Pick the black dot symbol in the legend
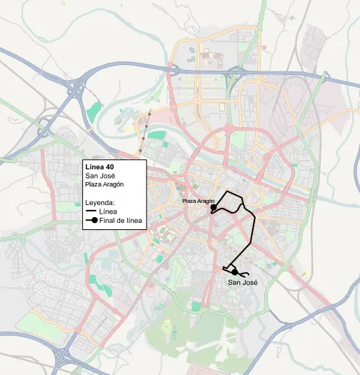92,221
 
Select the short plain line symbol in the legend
91,211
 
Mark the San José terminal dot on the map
234,271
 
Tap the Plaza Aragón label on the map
198,201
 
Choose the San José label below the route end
241,282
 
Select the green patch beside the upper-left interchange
94,111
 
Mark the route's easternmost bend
255,218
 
